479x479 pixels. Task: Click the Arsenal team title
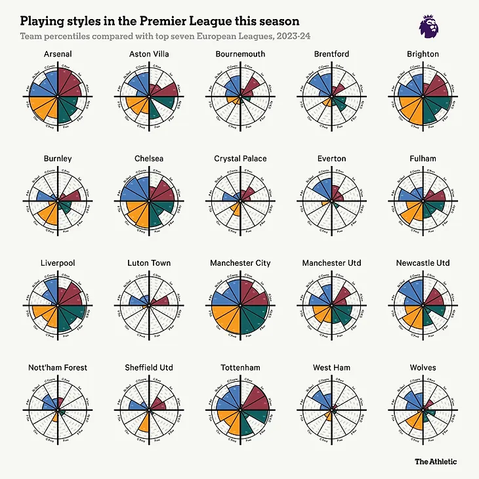tap(58, 54)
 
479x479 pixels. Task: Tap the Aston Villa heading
tap(150, 54)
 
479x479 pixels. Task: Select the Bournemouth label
tap(241, 54)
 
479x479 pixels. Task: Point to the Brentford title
tap(331, 54)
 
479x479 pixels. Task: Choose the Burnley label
tap(58, 159)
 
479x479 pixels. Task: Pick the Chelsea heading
tap(150, 159)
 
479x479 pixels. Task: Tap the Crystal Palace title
tap(241, 159)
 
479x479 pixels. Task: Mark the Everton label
tap(331, 159)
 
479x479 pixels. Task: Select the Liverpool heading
tap(58, 263)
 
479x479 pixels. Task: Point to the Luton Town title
tap(150, 263)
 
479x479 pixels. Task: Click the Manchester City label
tap(241, 263)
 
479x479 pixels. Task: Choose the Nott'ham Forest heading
tap(58, 367)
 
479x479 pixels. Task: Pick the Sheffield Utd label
tap(150, 367)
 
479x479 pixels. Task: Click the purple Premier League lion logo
tap(429, 26)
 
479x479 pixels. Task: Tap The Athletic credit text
tap(436, 461)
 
